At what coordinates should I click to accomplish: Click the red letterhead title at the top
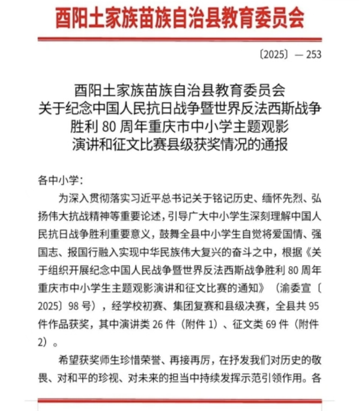180,20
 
